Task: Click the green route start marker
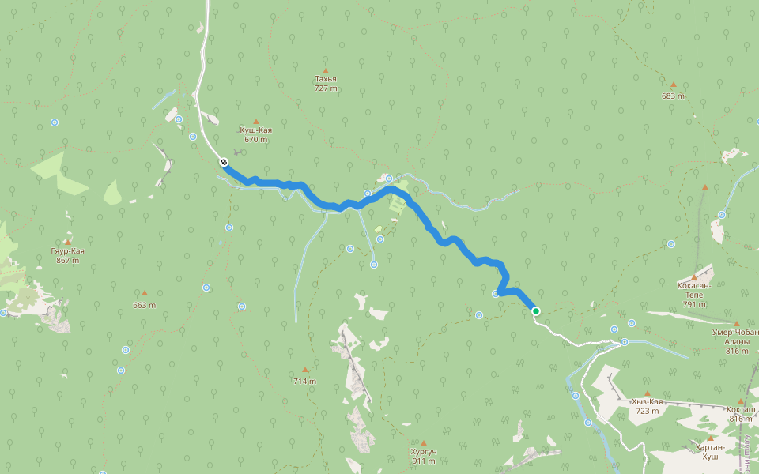(536, 311)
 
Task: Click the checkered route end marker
(225, 162)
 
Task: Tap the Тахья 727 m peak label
(325, 84)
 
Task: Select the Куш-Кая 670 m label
(255, 134)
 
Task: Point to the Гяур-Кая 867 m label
(68, 255)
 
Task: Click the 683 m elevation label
(674, 96)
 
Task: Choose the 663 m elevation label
(144, 305)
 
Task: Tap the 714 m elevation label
(304, 381)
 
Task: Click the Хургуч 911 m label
(424, 456)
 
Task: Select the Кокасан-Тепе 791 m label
(695, 294)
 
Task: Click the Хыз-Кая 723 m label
(646, 406)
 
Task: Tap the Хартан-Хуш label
(708, 452)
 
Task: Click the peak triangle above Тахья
(325, 70)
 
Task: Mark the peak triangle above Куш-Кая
(255, 121)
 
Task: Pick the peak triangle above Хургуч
(424, 443)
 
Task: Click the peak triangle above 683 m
(674, 85)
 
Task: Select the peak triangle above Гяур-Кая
(68, 243)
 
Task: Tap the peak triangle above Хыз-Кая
(647, 393)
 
